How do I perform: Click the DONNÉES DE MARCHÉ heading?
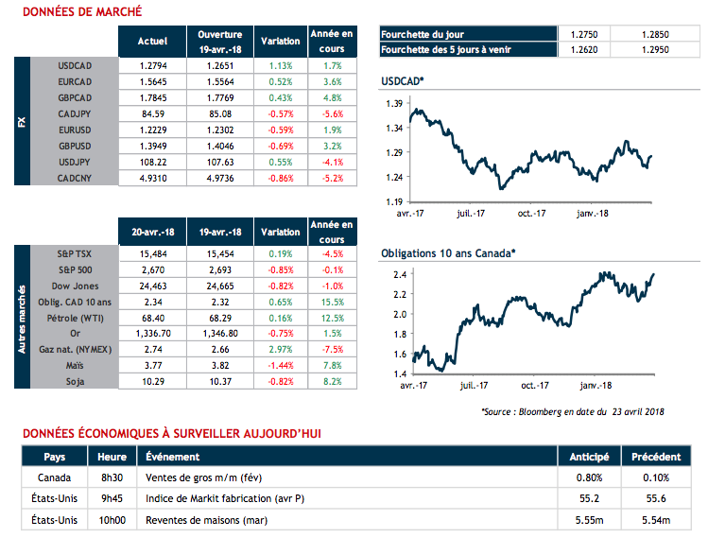point(81,12)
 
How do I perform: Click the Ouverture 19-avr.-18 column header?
point(219,42)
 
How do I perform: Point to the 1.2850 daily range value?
point(657,34)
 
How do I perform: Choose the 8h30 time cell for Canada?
point(113,477)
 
